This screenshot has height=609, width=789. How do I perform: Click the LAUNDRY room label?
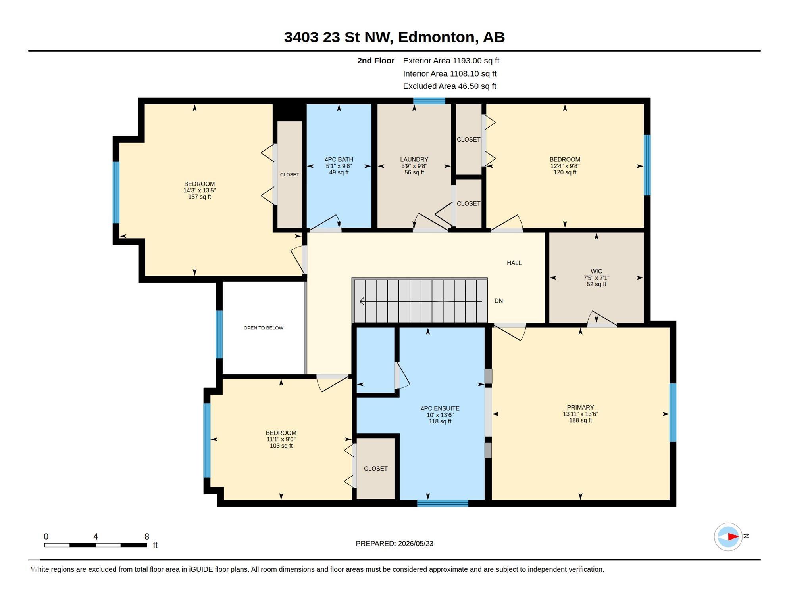[414, 159]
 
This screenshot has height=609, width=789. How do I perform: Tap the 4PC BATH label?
[339, 159]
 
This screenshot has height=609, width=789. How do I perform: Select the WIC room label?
[596, 271]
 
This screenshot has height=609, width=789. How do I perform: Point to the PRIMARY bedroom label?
[580, 407]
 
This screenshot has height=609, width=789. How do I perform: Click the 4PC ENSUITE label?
[440, 408]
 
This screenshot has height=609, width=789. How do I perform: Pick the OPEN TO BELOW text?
[263, 328]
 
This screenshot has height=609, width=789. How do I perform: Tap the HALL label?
[514, 263]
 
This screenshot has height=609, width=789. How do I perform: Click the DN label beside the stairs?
[498, 301]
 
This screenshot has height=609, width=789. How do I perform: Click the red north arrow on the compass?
[733, 537]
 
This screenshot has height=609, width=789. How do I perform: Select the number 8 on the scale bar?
[146, 536]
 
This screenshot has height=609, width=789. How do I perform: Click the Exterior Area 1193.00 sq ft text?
[451, 61]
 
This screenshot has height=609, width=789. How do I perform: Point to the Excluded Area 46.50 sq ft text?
[449, 86]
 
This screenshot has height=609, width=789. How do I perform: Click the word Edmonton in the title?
[436, 37]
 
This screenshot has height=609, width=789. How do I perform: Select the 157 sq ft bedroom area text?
[199, 197]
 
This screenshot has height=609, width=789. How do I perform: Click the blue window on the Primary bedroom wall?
[673, 412]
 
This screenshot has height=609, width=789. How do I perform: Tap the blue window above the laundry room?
[429, 101]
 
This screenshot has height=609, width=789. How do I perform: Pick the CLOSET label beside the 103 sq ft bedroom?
[375, 468]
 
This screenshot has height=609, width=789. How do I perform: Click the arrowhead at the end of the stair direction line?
[362, 301]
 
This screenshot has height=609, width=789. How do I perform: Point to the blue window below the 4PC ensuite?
[442, 504]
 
